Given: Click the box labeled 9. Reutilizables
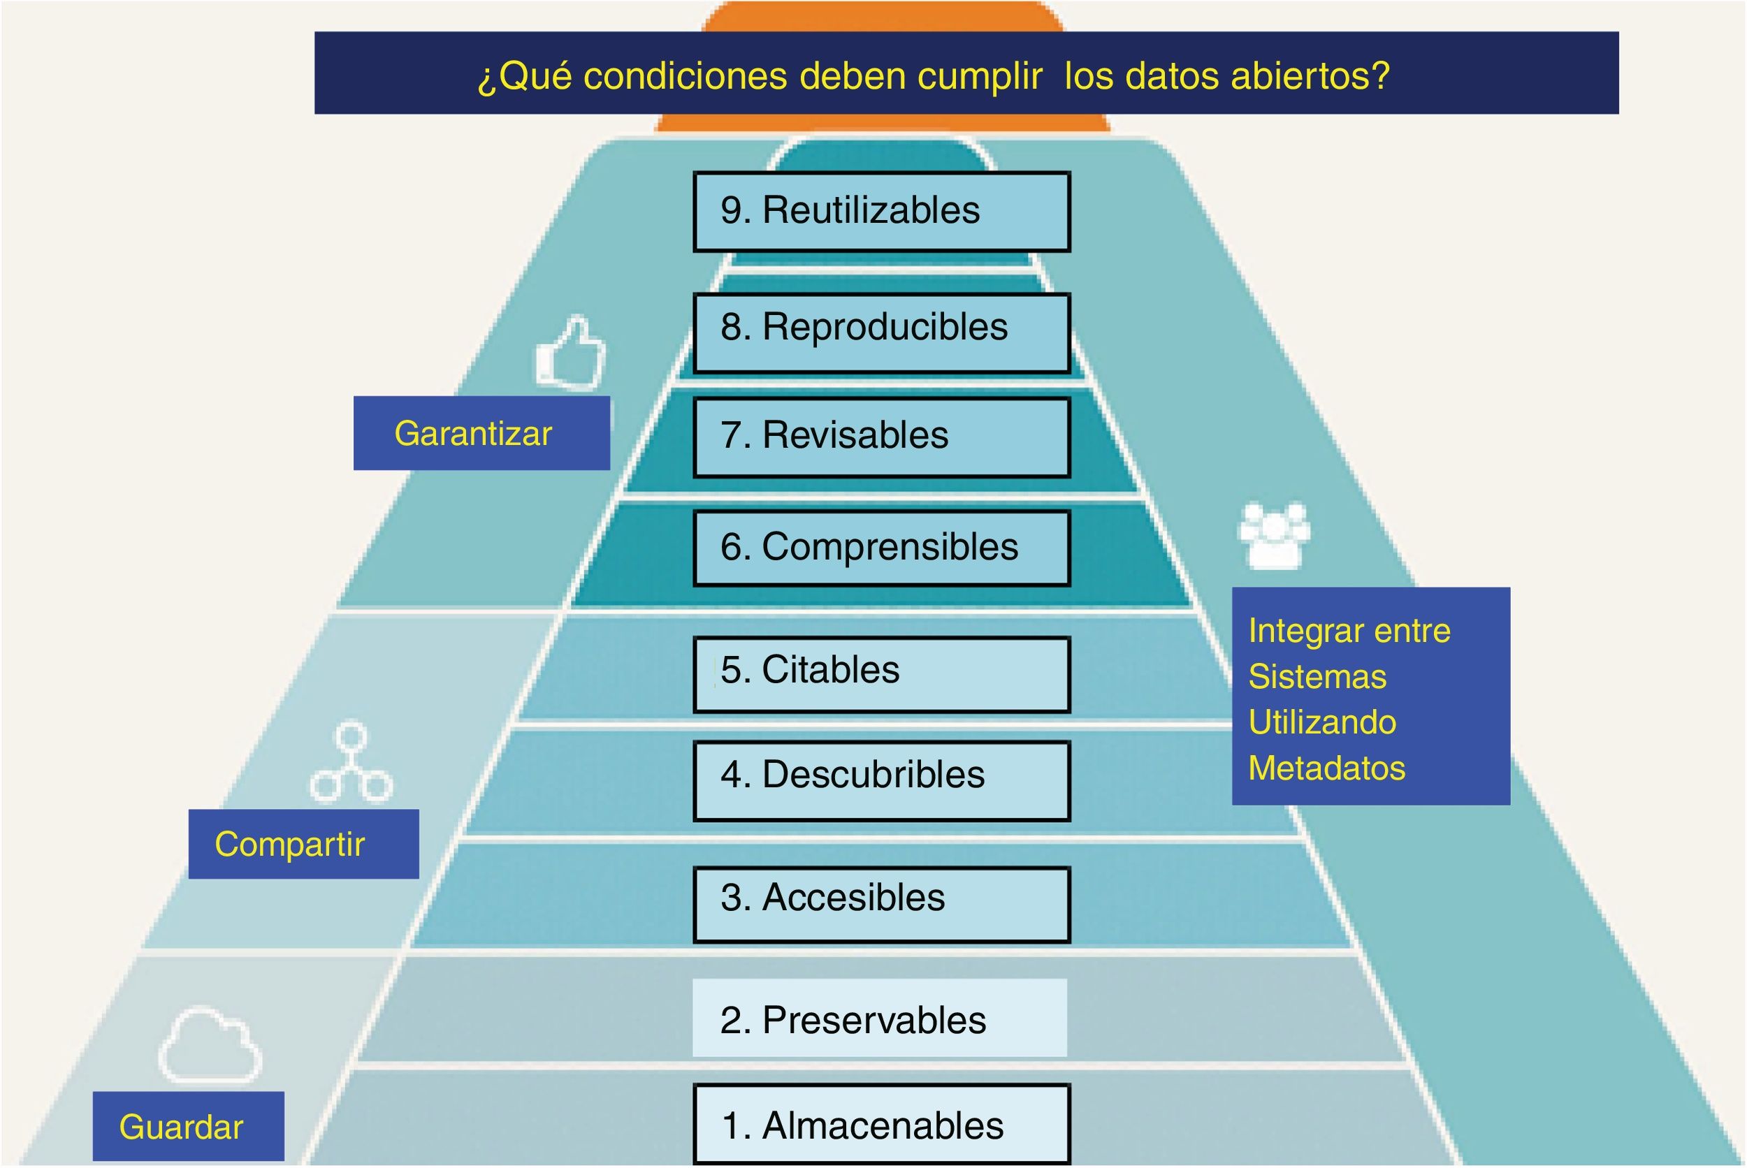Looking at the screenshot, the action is pos(881,212).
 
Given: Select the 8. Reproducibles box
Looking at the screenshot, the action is pos(881,333).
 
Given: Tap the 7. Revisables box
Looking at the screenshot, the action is pos(881,437).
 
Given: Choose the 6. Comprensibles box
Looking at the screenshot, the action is pos(881,548).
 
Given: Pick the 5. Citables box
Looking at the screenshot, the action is pos(881,674).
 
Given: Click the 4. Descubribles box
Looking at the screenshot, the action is pos(881,781).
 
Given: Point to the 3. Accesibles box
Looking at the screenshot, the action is pos(881,905).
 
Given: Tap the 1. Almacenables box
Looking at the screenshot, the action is pos(881,1124).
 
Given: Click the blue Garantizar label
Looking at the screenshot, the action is pos(481,433).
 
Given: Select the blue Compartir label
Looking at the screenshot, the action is pos(303,844).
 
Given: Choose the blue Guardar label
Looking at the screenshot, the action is pos(189,1126).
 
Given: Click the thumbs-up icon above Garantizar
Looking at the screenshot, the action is pos(572,354).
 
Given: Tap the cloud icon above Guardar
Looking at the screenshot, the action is pos(210,1046).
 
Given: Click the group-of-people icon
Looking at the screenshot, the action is pos(1273,536).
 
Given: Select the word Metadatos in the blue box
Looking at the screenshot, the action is pos(1326,768).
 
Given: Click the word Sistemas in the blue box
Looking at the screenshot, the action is pos(1317,677).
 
